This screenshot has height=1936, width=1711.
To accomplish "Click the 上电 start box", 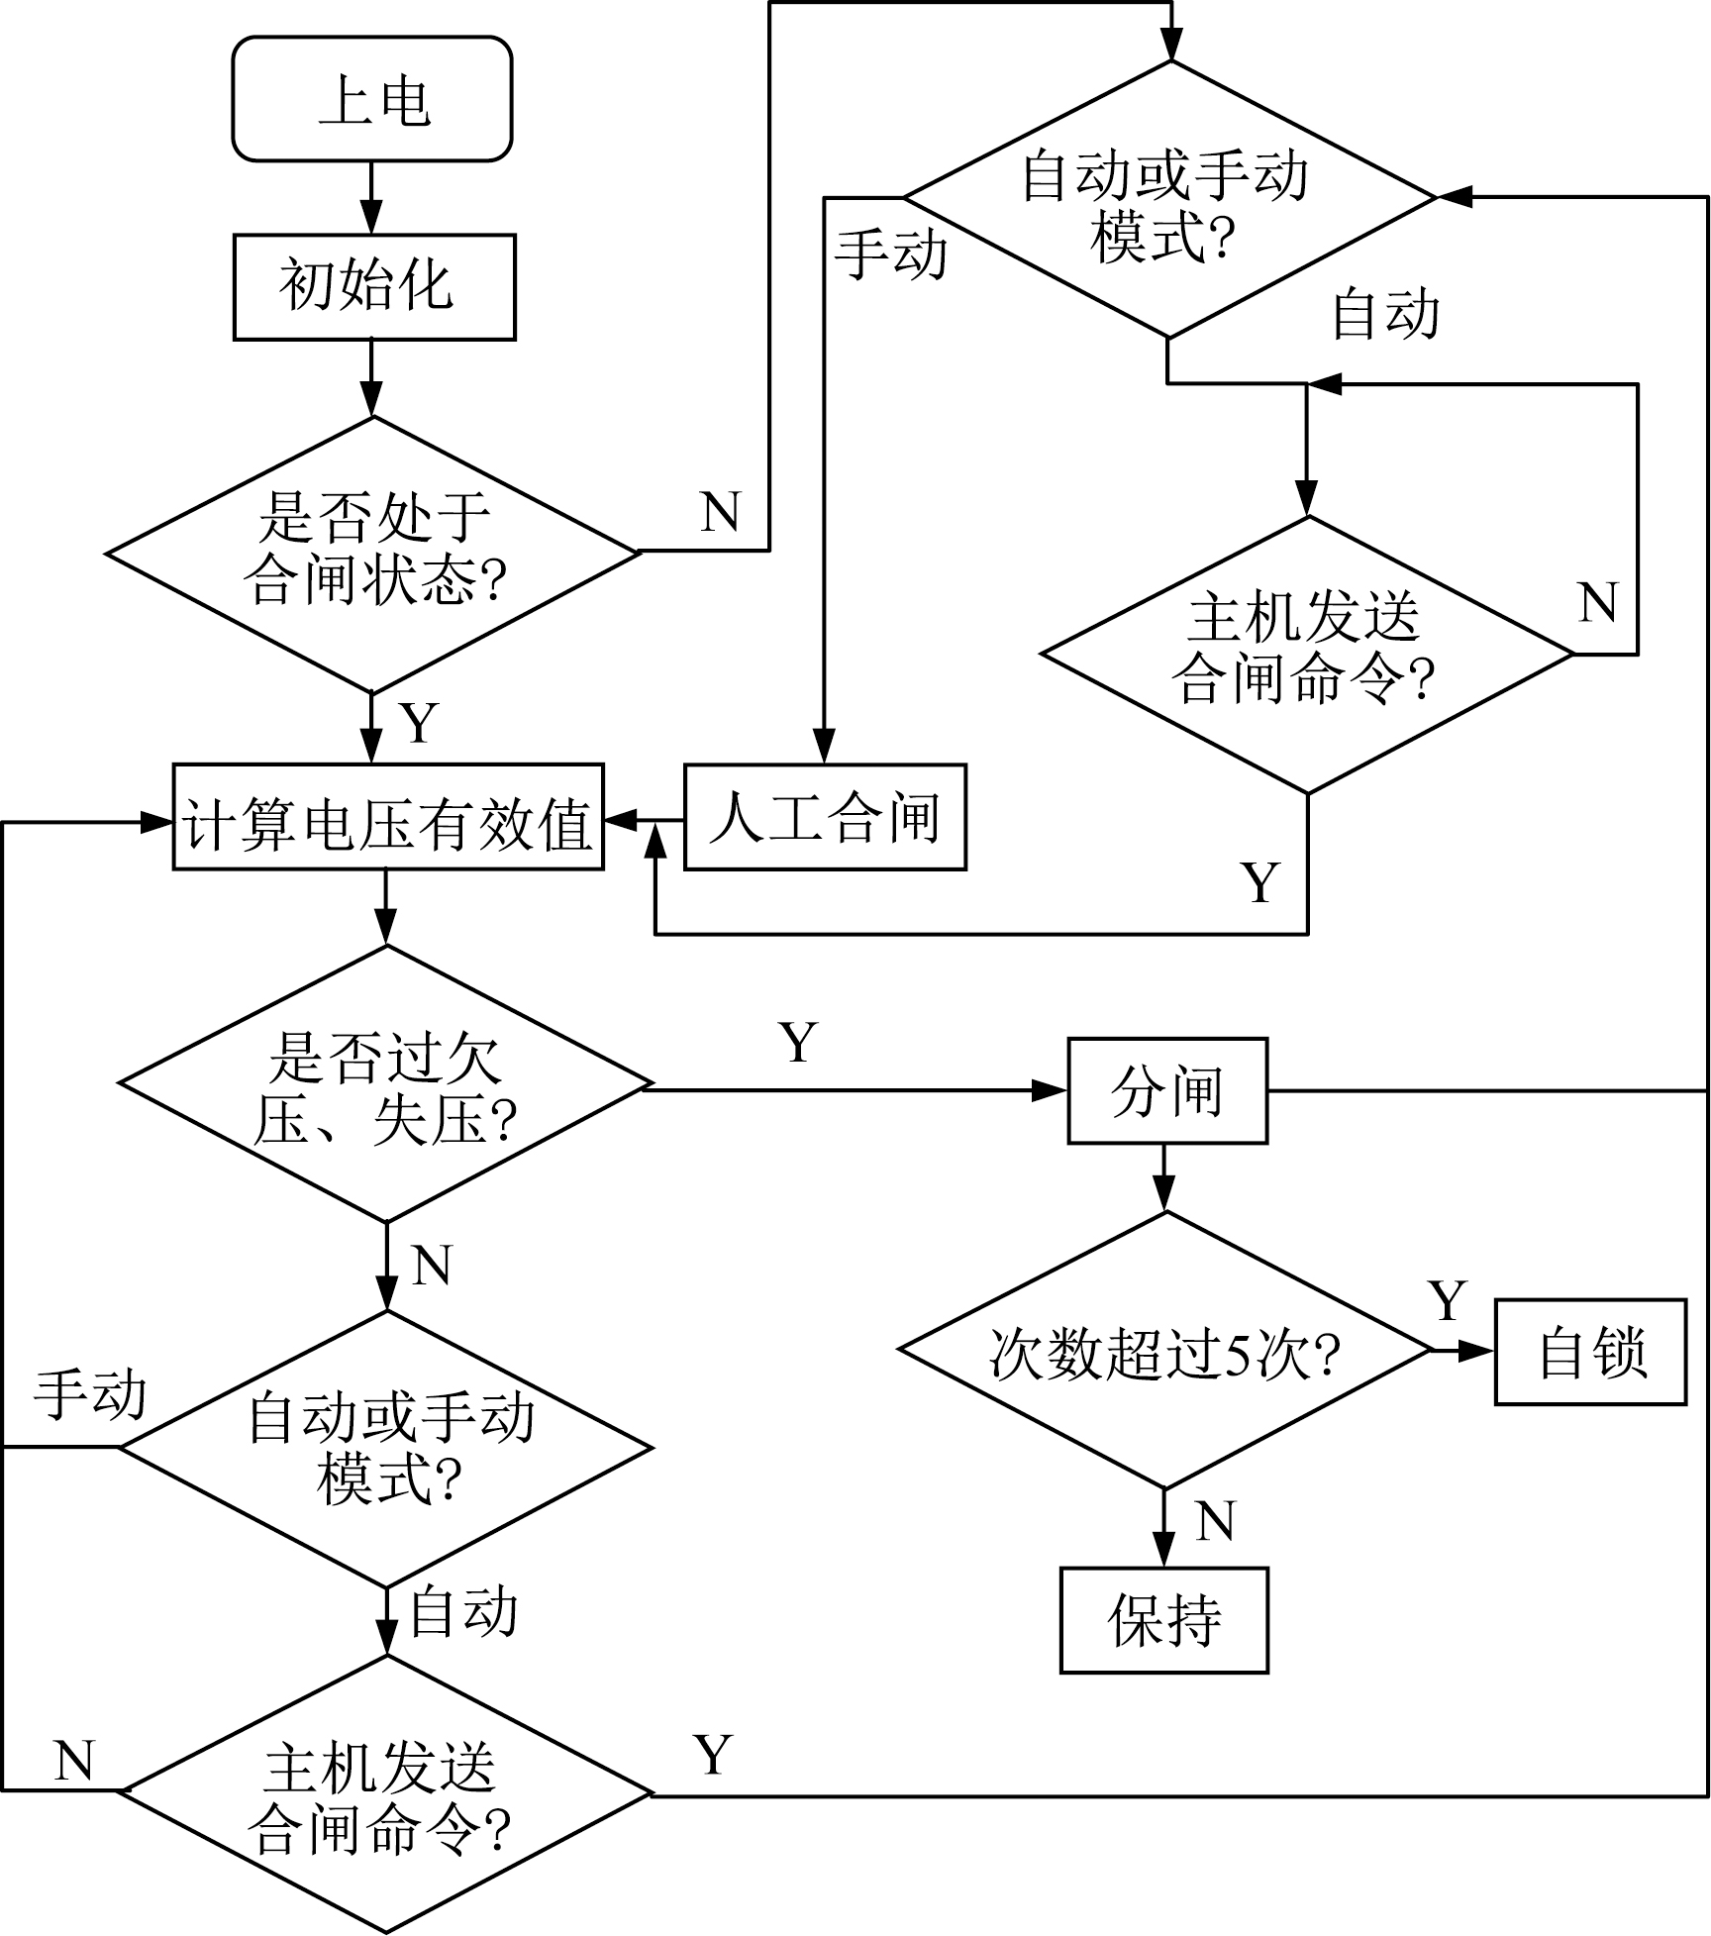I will coord(372,99).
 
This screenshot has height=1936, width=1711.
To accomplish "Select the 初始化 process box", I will coord(374,287).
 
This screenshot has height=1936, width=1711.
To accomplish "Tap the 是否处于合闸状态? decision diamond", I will coord(372,553).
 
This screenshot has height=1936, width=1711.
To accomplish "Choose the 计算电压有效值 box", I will coord(388,818).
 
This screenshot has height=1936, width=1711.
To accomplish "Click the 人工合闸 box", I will coord(825,818).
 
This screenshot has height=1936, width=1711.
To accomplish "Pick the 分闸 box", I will coord(1166,1090).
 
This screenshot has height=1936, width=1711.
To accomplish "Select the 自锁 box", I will coord(1589,1352).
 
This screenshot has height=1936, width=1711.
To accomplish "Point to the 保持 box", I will coord(1163,1621).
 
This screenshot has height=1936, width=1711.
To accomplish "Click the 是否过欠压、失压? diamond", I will coord(385,1085).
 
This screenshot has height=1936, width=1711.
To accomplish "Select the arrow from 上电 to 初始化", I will coord(371,198).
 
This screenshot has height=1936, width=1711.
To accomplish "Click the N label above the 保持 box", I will coord(1215,1522).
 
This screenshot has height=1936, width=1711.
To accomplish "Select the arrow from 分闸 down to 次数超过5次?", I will coord(1164,1178).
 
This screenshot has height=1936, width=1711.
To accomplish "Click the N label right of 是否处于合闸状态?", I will coord(720,512).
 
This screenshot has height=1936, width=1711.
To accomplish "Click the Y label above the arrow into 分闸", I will coord(798,1042).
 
